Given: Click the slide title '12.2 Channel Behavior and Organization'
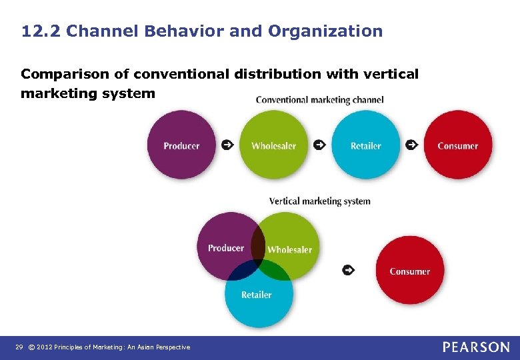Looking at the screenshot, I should [202, 31].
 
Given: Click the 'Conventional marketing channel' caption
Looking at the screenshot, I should [319, 100].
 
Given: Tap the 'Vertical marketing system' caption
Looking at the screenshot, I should [319, 201].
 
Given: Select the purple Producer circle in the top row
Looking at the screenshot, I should [181, 145].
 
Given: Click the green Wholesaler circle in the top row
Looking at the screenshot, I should [273, 145].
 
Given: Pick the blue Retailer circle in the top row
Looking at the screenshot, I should [365, 145].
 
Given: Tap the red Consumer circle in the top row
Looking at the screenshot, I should [457, 145].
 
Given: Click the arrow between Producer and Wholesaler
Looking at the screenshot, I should [227, 145].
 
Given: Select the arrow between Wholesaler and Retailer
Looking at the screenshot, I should [319, 145].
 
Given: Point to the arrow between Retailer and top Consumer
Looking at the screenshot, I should [411, 145].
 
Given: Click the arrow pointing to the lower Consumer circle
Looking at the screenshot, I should [347, 270].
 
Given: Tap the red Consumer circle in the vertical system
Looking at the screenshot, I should [409, 271].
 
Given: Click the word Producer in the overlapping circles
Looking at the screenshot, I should [225, 248].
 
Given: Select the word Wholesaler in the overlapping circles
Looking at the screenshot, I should [289, 249].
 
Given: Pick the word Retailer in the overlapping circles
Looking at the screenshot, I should [257, 295].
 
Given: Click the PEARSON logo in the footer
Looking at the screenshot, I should [476, 347].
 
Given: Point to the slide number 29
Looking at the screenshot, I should [19, 347].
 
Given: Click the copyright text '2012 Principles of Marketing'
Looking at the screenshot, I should [113, 347].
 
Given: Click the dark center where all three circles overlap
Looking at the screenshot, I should [258, 265].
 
